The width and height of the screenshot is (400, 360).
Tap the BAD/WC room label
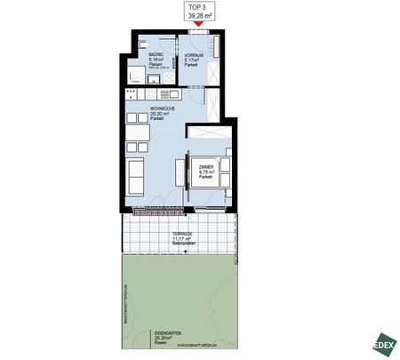click(x=156, y=55)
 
